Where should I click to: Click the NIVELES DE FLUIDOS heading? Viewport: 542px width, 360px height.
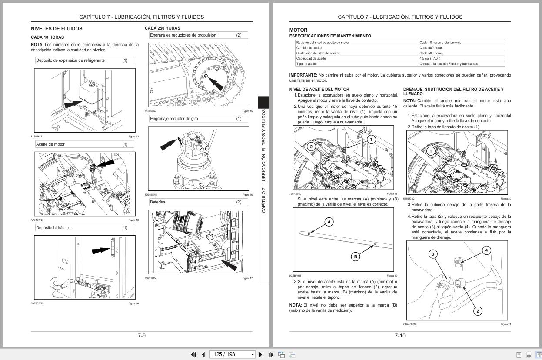(x=57, y=29)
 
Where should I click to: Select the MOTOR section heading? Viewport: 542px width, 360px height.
(x=298, y=30)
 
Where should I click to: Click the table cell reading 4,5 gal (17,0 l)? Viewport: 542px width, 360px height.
(x=430, y=58)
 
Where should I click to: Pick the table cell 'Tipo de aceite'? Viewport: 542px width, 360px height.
(x=306, y=64)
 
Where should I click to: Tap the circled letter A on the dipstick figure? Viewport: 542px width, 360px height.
(x=329, y=222)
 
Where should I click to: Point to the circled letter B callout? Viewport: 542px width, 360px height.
(x=356, y=257)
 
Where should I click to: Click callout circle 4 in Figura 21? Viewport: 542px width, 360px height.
(x=486, y=250)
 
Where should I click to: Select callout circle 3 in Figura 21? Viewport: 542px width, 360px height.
(x=432, y=254)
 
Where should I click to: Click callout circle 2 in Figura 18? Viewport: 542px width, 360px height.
(x=311, y=147)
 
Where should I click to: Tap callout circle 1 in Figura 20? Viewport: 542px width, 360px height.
(x=430, y=151)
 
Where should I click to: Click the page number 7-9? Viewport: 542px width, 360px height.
(x=142, y=336)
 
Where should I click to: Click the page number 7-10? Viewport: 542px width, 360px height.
(x=400, y=336)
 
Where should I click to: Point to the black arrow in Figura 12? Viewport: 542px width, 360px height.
(x=73, y=104)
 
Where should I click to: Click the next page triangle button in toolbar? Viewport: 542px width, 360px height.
(x=261, y=354)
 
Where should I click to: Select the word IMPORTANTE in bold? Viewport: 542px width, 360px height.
(x=303, y=75)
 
